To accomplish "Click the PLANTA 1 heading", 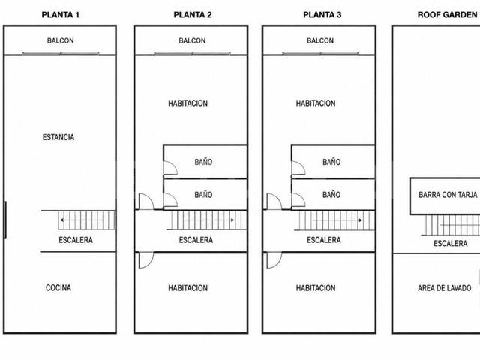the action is [x=60, y=15].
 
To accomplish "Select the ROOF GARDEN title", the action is [x=447, y=15].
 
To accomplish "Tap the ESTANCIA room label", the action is [x=58, y=137].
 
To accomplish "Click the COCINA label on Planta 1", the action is [x=58, y=288].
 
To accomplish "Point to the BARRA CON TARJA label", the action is [x=448, y=195].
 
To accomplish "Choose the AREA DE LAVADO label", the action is [x=445, y=288].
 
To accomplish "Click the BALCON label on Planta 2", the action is [x=192, y=40].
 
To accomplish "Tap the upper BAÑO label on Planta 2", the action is [x=203, y=162].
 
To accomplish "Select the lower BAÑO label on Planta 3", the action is [x=331, y=195].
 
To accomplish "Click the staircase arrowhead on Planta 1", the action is [x=61, y=220].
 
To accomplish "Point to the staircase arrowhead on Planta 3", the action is [x=361, y=220].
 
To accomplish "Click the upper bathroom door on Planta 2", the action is [x=170, y=168].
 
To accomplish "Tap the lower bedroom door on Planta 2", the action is [x=146, y=260].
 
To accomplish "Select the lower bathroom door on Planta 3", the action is [x=298, y=200].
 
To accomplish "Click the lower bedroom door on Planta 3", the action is [x=274, y=260].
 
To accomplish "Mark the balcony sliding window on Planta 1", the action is [x=61, y=53].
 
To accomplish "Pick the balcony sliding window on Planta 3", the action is [x=320, y=53].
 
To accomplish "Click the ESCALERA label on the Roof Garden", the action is [x=451, y=243].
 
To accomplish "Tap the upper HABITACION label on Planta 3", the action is [x=316, y=103].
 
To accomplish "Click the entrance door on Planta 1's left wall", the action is [x=5, y=220].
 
